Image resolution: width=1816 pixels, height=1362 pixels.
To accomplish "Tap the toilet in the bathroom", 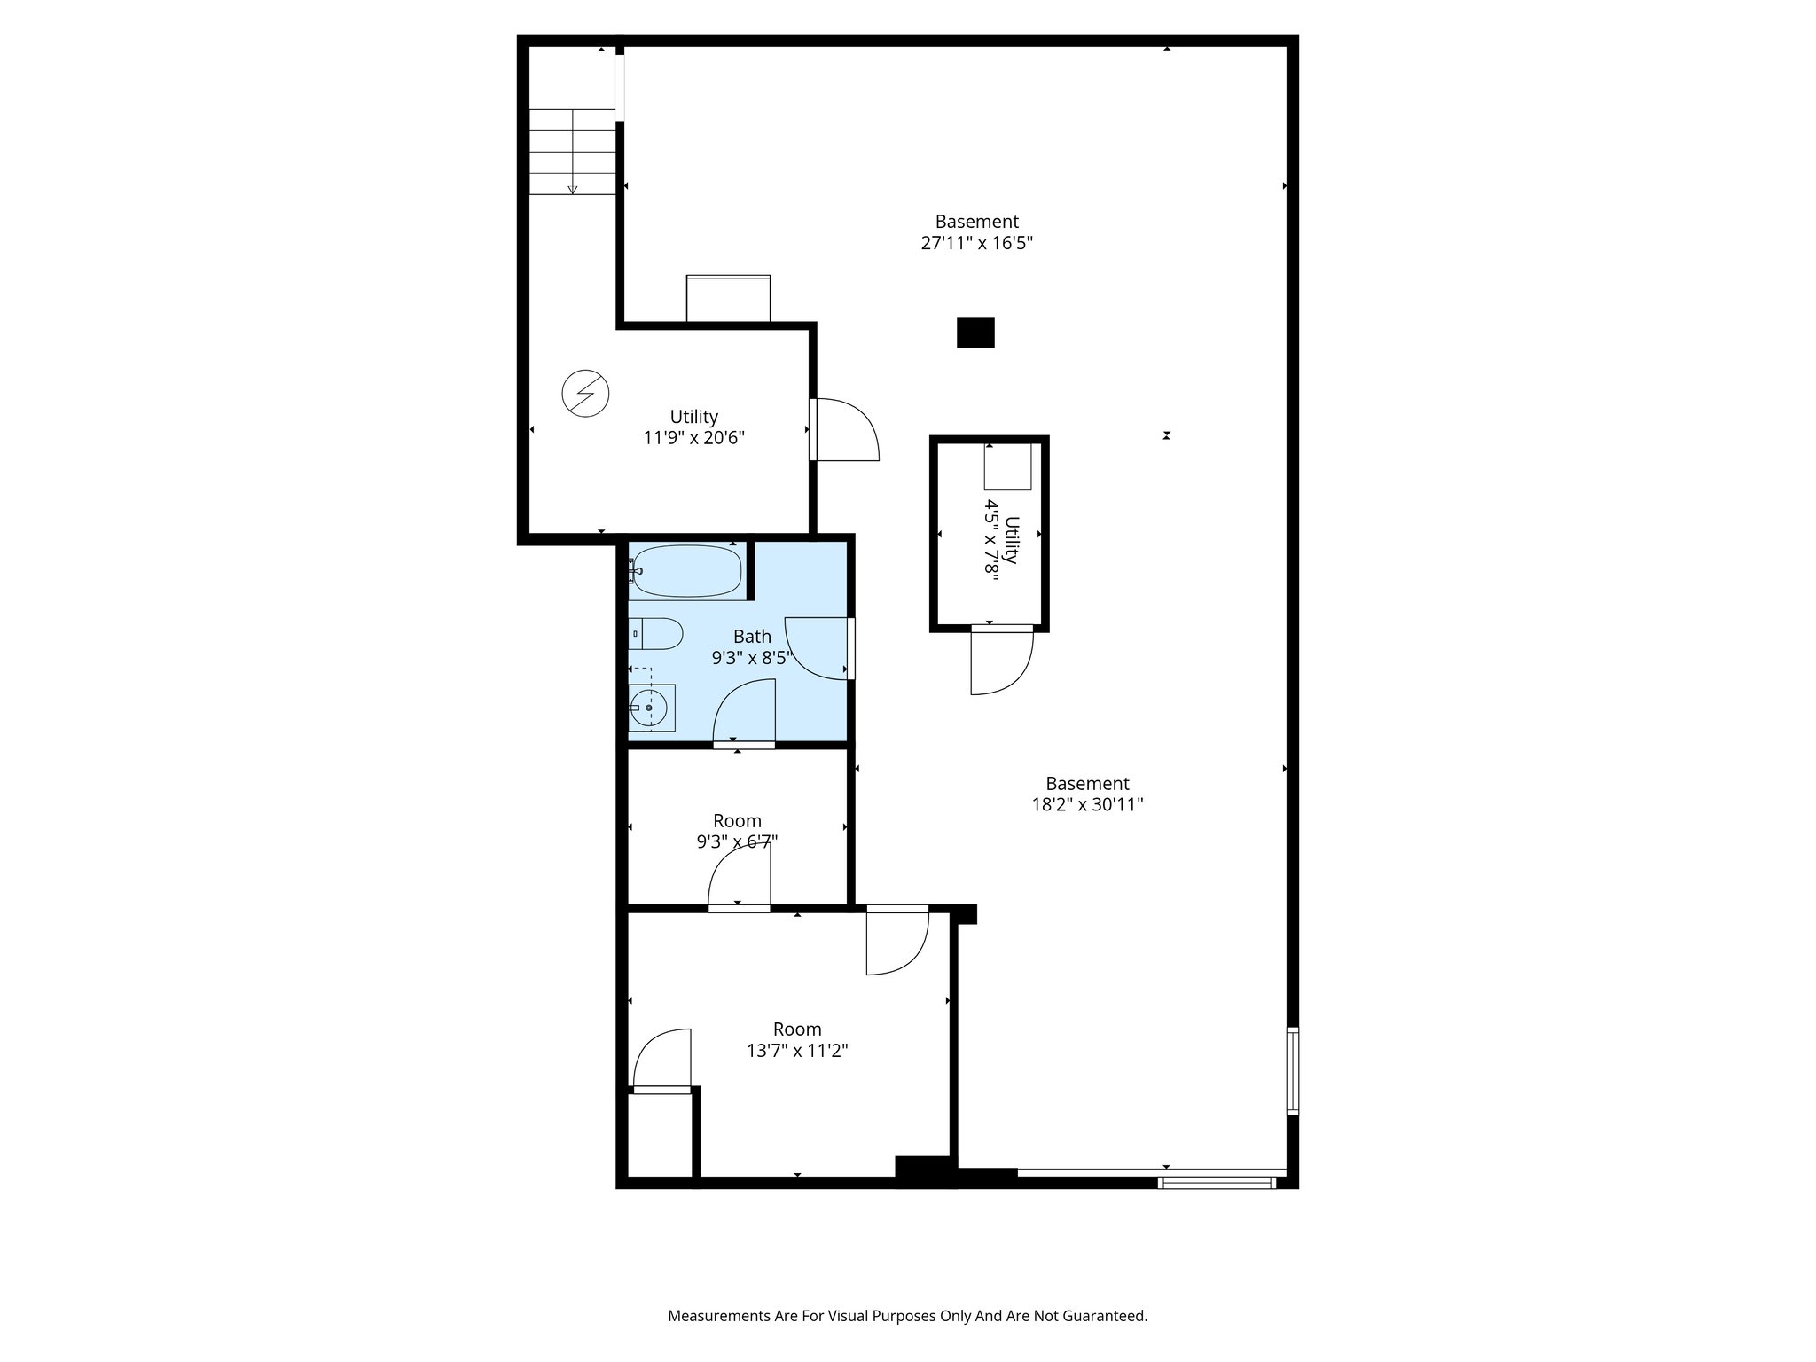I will coord(657,634).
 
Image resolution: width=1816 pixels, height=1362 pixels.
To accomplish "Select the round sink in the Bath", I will coord(649,708).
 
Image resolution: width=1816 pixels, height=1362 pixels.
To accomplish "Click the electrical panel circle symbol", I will coord(586,392).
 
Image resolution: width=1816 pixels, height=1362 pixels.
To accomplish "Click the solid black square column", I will coord(975,333).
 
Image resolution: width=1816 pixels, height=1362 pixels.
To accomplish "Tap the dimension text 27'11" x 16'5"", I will coord(977,243).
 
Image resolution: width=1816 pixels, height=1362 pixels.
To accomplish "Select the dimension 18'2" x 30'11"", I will coord(1087,805).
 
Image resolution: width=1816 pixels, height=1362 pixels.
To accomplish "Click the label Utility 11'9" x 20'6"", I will coord(693,427).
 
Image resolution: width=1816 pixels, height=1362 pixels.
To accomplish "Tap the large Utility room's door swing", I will coord(847,430).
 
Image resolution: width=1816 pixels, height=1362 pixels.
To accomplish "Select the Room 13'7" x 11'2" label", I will coord(797,1039).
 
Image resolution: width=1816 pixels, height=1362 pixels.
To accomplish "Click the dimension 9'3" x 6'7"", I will coord(737,841).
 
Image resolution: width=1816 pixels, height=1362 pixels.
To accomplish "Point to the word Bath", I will coord(752,636).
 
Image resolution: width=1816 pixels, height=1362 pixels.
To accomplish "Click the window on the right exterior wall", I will coord(1293,1071).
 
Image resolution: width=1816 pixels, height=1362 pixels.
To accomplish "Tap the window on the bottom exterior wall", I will coord(1217,1182).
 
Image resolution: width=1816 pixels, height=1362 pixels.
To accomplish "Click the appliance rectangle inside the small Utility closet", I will coord(1008,466).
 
